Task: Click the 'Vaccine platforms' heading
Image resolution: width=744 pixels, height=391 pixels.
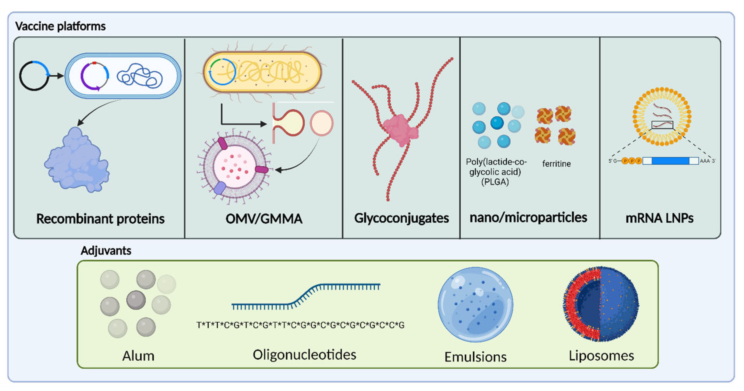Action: click(x=60, y=26)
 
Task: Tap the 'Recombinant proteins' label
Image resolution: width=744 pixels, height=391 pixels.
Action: click(x=100, y=219)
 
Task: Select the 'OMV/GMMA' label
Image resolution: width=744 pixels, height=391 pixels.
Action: click(x=264, y=219)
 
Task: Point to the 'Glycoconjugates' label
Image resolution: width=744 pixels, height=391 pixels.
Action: click(x=402, y=218)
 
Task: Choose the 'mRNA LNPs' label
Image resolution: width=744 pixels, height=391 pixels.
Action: click(x=659, y=218)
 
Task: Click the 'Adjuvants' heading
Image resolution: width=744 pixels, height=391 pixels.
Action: click(x=106, y=250)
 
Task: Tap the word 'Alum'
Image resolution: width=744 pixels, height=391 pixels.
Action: click(x=138, y=356)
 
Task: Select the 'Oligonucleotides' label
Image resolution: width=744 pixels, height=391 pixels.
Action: click(x=304, y=355)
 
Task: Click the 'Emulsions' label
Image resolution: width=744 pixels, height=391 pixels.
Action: click(x=476, y=357)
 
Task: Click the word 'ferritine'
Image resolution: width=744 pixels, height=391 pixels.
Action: click(x=556, y=164)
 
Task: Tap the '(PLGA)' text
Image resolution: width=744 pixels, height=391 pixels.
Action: click(x=495, y=182)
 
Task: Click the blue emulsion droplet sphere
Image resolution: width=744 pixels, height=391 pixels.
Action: click(x=476, y=304)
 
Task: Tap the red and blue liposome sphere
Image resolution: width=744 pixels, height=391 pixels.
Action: click(x=601, y=304)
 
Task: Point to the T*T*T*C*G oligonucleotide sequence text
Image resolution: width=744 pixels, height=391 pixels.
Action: click(x=300, y=325)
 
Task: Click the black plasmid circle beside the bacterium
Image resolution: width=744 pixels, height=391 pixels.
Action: click(x=34, y=76)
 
